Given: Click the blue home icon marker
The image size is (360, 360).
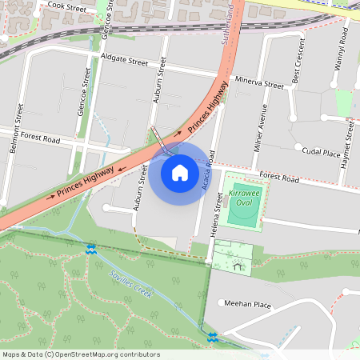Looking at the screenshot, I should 180,172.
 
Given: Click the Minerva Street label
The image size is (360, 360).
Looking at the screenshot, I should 259,83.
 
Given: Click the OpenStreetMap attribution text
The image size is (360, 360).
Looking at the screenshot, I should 81,354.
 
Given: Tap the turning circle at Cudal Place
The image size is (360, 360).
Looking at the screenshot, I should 298,148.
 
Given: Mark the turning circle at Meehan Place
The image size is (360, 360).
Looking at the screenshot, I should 222,303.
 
